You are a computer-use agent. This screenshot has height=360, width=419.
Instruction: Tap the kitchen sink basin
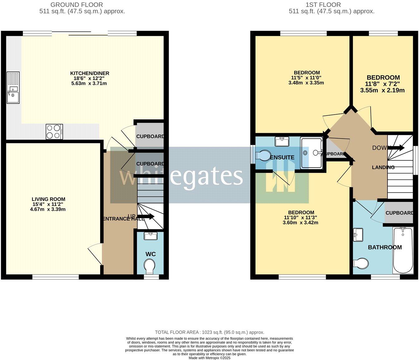point(13,97)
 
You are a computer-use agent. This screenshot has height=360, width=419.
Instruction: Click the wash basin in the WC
point(151,236)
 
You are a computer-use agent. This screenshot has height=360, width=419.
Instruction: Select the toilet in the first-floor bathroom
point(361,263)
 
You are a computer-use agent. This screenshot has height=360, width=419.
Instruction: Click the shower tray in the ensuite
point(311,153)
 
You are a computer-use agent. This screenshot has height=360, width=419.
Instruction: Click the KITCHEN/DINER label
point(89,73)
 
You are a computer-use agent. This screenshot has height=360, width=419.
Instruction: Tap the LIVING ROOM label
point(48,199)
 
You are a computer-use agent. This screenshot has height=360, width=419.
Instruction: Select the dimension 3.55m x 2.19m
point(383,91)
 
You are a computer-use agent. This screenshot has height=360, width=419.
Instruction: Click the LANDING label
point(383,167)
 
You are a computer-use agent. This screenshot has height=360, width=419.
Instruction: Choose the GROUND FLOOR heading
point(76,5)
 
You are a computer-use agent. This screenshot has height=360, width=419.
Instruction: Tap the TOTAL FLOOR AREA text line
point(209,332)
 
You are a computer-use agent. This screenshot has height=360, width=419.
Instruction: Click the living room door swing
point(94,254)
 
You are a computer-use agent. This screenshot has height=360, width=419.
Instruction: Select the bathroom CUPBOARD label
point(399,213)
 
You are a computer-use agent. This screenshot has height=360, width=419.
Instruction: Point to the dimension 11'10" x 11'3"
point(300,217)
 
